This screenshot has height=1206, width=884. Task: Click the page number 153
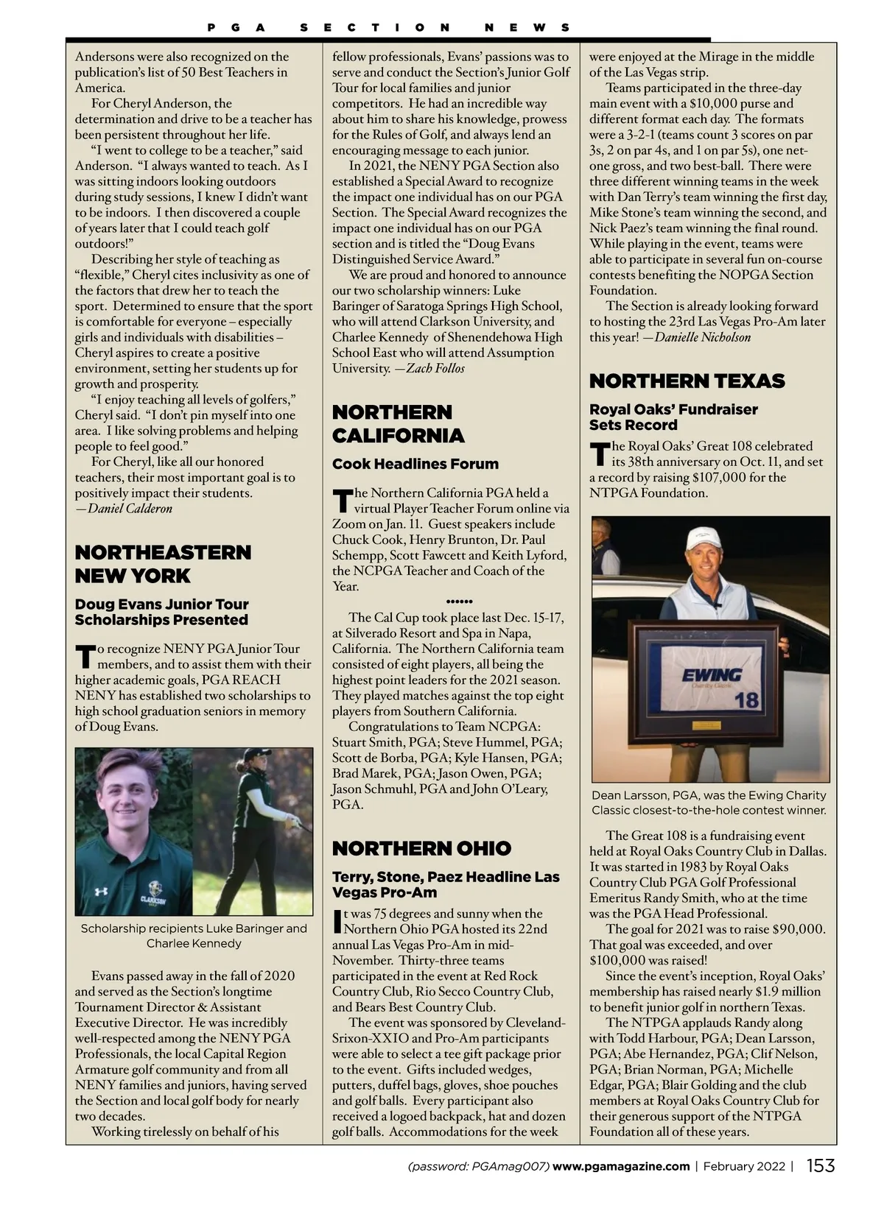[821, 1166]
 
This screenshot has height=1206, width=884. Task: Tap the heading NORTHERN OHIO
[421, 848]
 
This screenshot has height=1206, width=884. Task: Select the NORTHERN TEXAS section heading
[687, 381]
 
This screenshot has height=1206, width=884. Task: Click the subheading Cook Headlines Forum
[415, 464]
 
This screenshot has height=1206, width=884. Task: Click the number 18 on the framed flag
[746, 699]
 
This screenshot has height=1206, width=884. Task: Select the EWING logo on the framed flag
[712, 674]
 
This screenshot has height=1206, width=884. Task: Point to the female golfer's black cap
[258, 755]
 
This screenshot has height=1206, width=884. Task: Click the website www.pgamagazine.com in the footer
[621, 1166]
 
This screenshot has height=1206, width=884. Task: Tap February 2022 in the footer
[744, 1166]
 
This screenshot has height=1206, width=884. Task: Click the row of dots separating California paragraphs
[459, 602]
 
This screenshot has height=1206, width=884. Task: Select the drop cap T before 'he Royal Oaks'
[600, 454]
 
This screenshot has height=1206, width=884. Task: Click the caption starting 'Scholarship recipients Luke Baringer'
[194, 936]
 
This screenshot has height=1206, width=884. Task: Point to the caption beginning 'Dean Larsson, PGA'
[709, 803]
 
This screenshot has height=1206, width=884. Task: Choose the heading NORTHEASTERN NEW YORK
[163, 564]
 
